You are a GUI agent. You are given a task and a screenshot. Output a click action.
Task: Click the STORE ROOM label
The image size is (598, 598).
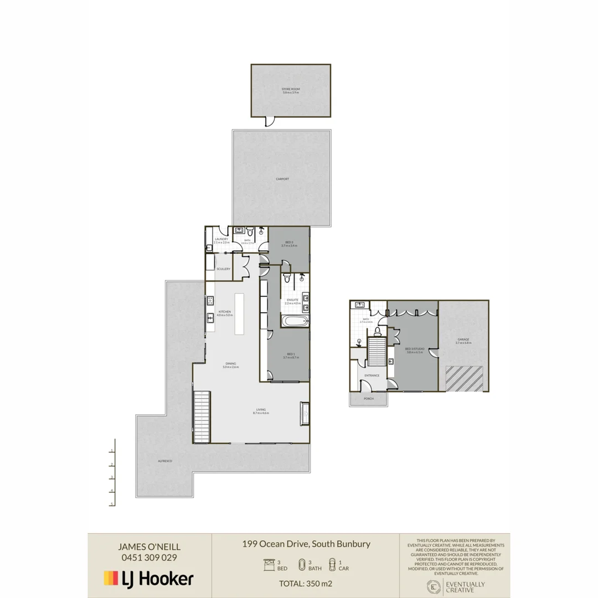point(291,89)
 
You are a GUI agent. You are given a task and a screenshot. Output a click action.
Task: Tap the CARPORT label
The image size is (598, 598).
point(282,179)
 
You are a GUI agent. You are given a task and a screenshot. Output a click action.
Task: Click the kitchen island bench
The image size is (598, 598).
point(239,313)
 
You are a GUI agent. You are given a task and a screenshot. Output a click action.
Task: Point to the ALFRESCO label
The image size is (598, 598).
point(164,461)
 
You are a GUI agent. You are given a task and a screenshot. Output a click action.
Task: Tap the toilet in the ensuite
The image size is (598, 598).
point(286,279)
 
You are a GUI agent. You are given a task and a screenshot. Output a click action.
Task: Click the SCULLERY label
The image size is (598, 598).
point(223,269)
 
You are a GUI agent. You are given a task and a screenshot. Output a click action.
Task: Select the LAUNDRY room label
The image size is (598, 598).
point(221,239)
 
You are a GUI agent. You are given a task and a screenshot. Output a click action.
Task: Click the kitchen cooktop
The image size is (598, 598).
point(210,301)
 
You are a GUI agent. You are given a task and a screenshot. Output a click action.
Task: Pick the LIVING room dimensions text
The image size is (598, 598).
point(260,413)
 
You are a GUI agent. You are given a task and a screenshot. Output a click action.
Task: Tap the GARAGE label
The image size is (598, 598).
point(463,339)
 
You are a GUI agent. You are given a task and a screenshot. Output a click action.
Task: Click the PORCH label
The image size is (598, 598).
point(369,399)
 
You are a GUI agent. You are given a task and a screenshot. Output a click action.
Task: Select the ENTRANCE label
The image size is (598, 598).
point(372,375)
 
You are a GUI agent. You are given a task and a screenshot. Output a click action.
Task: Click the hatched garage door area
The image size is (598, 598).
point(465,378)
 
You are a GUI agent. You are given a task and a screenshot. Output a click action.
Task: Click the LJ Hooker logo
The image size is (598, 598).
point(149,579)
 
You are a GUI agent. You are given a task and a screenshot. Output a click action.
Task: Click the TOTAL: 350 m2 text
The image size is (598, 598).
point(305,583)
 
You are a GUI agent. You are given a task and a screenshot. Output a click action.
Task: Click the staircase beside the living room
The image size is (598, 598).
point(202,416)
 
